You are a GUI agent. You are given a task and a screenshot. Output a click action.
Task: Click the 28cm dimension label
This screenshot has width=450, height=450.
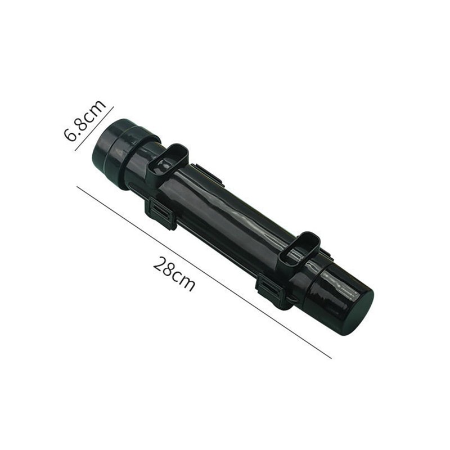[x=174, y=274]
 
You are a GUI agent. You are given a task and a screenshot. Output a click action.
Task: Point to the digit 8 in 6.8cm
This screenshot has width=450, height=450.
[x=83, y=123]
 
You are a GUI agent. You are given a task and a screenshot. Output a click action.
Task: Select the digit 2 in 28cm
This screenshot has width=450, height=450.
[x=159, y=264]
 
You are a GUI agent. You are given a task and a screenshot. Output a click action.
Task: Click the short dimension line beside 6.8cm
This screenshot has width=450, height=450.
[x=94, y=129]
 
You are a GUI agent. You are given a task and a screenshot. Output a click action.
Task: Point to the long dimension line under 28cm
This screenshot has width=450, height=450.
[x=204, y=272]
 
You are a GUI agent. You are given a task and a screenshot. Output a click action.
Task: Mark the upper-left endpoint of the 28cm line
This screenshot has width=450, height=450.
[x=76, y=187]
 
